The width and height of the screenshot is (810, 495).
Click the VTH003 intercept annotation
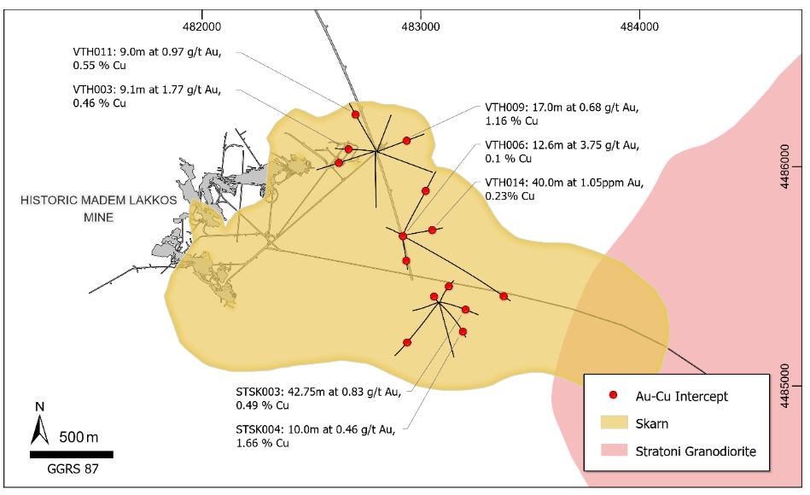[x=147, y=96]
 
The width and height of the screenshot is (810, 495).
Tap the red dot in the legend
[x=613, y=396]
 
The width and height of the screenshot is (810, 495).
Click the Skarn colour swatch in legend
[x=613, y=422]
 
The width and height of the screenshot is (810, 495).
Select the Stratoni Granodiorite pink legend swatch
[x=613, y=449]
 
